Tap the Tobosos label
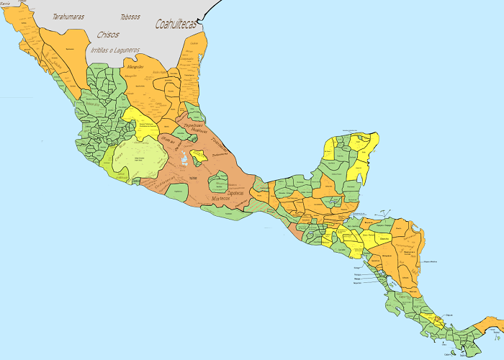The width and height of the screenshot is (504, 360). pos(130,16)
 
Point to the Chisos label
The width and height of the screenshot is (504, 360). pos(107,34)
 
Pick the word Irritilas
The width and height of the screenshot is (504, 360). pos(103,50)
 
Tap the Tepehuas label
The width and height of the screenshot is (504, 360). pos(197,125)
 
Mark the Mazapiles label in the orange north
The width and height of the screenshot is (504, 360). pos(135,66)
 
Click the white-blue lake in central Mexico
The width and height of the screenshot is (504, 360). pos(186,158)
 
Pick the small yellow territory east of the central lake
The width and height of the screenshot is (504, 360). pos(199,156)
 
